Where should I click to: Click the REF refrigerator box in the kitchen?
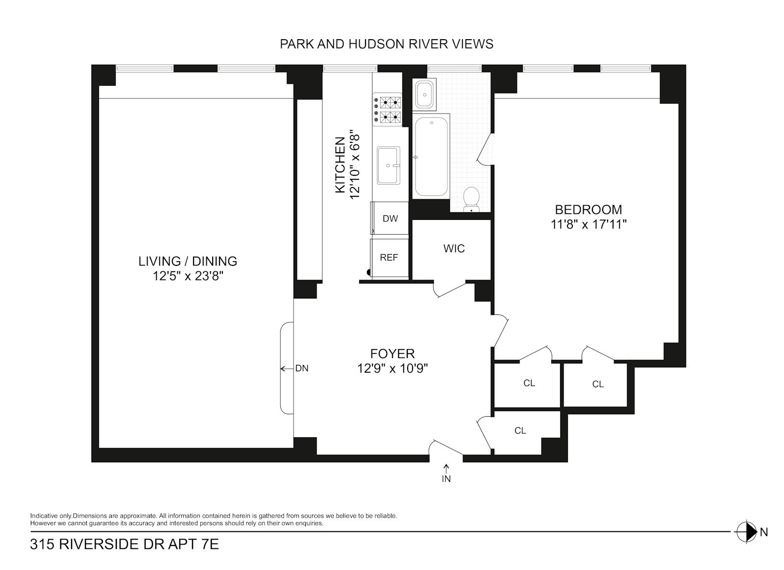(390, 259)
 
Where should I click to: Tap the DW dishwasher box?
(390, 218)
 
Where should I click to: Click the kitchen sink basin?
(389, 166)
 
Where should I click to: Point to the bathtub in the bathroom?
(431, 156)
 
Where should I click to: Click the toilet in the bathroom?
(471, 199)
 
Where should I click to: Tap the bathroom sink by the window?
(424, 94)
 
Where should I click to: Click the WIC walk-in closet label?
(454, 249)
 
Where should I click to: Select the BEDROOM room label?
(588, 210)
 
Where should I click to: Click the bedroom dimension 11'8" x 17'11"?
(588, 224)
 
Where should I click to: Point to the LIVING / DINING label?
(188, 261)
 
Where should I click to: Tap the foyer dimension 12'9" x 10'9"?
(392, 368)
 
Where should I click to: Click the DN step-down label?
(302, 368)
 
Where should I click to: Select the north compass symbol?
(747, 532)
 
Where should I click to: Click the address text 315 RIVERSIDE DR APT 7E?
(124, 545)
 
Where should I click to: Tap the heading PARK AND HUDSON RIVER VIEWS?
(387, 44)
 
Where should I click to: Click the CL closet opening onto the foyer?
(520, 430)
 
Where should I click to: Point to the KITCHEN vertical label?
(340, 165)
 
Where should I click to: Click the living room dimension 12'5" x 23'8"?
(188, 276)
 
